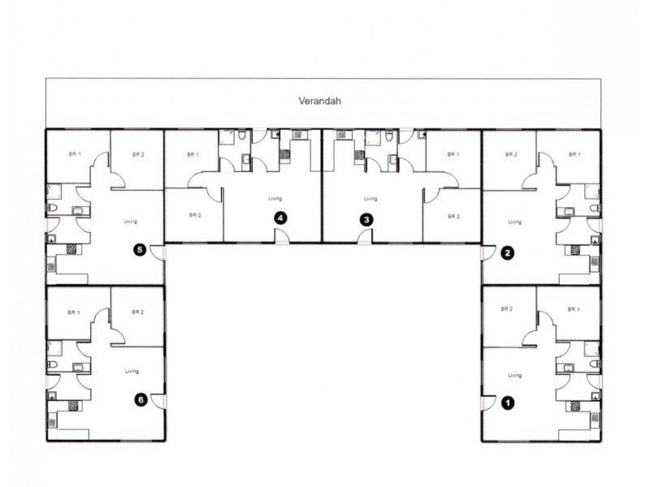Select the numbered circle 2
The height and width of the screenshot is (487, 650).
tap(509, 252)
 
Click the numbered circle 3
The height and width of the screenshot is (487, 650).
tap(366, 219)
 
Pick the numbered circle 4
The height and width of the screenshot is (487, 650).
tap(280, 218)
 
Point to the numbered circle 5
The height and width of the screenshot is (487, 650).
tap(141, 251)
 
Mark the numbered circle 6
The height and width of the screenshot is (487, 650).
tap(141, 399)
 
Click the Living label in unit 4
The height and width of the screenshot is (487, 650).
tap(275, 199)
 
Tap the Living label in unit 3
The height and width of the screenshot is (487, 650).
tap(370, 199)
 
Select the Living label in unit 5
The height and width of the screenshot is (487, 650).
tap(131, 221)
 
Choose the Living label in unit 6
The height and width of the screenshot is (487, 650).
tap(132, 371)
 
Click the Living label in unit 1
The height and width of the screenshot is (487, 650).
tap(513, 375)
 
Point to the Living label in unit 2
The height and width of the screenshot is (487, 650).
tap(513, 221)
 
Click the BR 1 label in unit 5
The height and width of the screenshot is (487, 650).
tap(74, 153)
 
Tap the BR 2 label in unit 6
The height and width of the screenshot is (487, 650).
tap(137, 312)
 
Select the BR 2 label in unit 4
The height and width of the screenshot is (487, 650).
tap(194, 215)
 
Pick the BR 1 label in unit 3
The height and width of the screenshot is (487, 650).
tap(453, 154)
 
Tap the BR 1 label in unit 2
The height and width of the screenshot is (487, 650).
tap(574, 154)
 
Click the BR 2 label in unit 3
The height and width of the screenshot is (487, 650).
tap(453, 217)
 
